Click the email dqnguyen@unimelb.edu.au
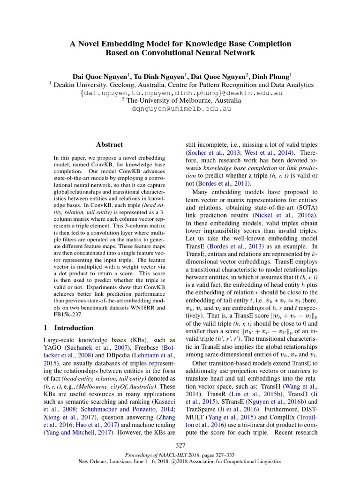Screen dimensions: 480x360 (180, 108)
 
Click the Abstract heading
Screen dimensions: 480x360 (109, 145)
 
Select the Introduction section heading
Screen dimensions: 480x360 (72, 328)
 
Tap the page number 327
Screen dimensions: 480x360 (180, 444)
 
